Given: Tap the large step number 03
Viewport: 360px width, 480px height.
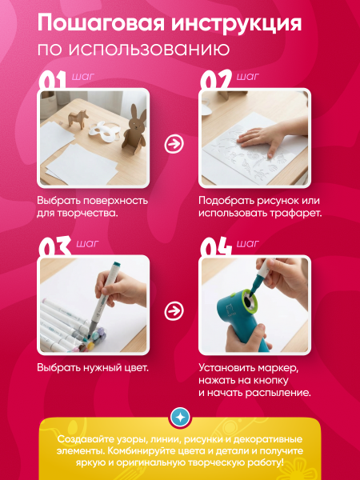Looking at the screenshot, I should click(52, 249).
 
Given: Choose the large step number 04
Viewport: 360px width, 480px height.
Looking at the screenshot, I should click(215, 249).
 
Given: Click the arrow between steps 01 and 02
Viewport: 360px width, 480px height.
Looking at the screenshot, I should click(172, 144).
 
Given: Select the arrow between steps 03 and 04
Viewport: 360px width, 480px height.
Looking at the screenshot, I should click(172, 310).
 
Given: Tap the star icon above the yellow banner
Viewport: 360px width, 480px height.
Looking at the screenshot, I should click(180, 417).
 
